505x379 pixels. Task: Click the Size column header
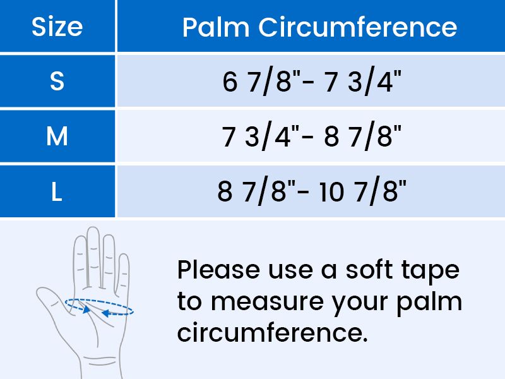pyautogui.click(x=57, y=27)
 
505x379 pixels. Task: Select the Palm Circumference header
pyautogui.click(x=319, y=27)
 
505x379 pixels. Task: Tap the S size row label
pyautogui.click(x=57, y=81)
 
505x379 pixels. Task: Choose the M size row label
pyautogui.click(x=57, y=136)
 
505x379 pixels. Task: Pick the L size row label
pyautogui.click(x=57, y=191)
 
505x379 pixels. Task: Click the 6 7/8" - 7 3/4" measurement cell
pyautogui.click(x=311, y=81)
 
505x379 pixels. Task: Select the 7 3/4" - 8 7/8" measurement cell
pyautogui.click(x=311, y=136)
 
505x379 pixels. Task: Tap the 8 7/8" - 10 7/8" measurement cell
pyautogui.click(x=311, y=191)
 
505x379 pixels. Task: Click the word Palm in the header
pyautogui.click(x=216, y=27)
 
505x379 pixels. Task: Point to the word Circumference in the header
pyautogui.click(x=358, y=27)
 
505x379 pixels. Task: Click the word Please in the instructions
pyautogui.click(x=218, y=270)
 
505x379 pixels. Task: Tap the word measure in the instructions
pyautogui.click(x=267, y=303)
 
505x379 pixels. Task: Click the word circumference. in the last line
pyautogui.click(x=273, y=332)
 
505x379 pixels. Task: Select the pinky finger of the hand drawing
pyautogui.click(x=123, y=274)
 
